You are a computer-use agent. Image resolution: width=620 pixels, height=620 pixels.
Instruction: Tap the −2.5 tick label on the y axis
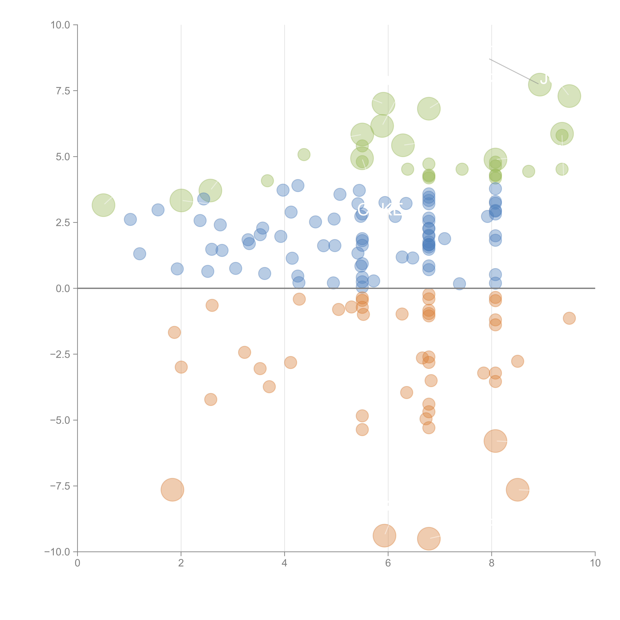[x=60, y=354]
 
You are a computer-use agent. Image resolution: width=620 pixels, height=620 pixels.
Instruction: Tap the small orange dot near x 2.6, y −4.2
[x=211, y=400]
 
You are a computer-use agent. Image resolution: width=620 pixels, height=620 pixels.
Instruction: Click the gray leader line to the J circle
[x=513, y=71]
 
